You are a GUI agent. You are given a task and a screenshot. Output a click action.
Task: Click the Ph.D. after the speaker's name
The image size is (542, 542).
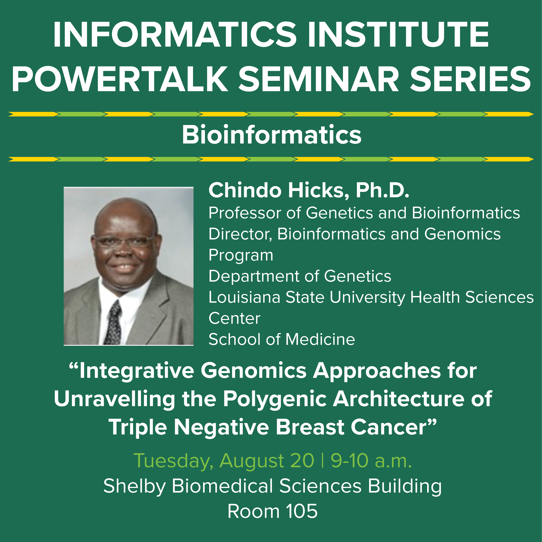(382, 190)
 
